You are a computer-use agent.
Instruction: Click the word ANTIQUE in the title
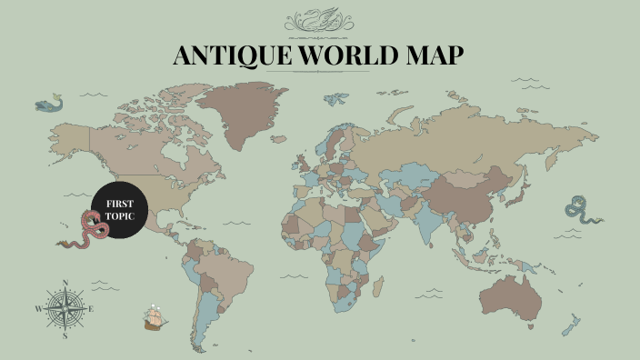click(x=228, y=55)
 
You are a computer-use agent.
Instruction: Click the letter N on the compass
click(x=65, y=282)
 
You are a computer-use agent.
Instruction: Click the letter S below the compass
click(x=65, y=335)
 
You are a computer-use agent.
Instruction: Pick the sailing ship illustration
click(x=156, y=317)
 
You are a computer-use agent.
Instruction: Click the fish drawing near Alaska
click(x=50, y=105)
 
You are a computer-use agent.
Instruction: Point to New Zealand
click(x=573, y=323)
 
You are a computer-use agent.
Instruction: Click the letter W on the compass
click(x=38, y=309)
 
